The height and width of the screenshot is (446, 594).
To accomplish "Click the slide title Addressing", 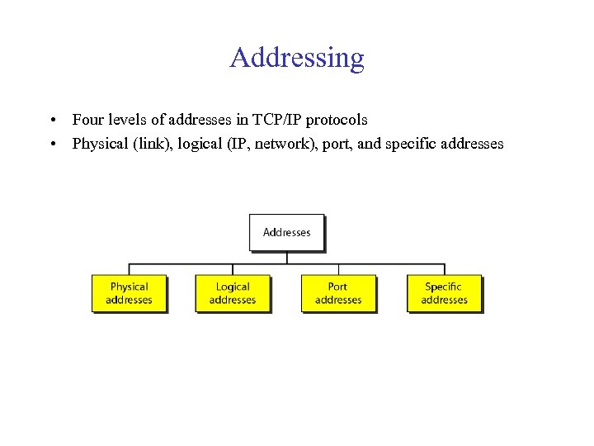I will [x=297, y=58].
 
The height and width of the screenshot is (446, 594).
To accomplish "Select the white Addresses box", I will [x=286, y=232].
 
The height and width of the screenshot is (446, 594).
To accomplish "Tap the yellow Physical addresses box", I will [x=129, y=293].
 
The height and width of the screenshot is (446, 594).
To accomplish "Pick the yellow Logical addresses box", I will [x=233, y=293].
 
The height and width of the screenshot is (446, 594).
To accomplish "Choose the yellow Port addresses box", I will [x=338, y=293].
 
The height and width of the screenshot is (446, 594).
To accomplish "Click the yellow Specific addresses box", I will [x=444, y=293].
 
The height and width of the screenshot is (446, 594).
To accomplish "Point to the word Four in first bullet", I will [x=87, y=121].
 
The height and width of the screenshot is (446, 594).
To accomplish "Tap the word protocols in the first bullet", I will [x=337, y=121].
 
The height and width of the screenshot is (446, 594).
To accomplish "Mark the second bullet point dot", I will [x=52, y=145].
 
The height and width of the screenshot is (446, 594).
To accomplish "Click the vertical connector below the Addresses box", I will [x=286, y=257].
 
